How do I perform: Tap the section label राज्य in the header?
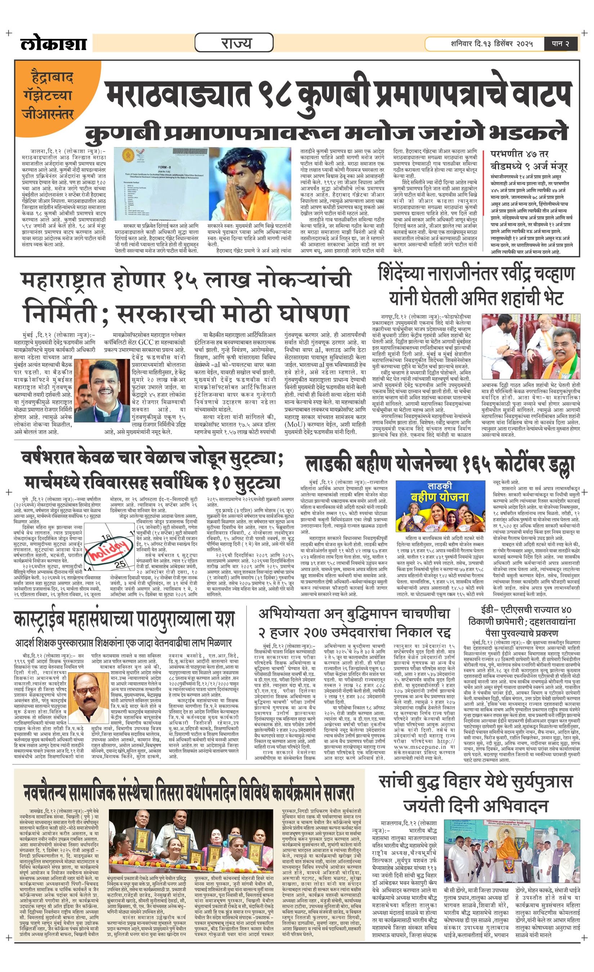point(234,42)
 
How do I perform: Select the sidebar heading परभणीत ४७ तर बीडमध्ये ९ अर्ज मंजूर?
point(528,160)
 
